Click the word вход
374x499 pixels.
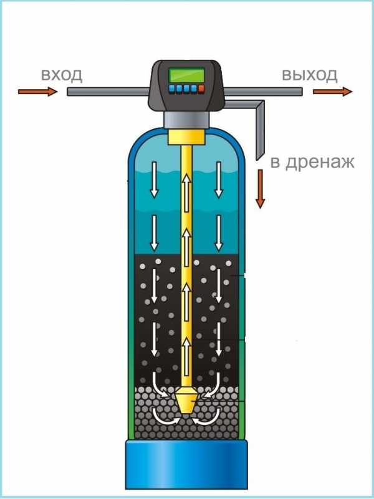coord(62,75)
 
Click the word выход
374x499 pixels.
coord(310,75)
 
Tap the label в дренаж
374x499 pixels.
coord(312,162)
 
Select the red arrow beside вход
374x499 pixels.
coord(38,92)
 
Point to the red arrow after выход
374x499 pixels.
coord(333,92)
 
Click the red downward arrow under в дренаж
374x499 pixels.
coord(260,189)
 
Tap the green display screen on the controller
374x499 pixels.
coord(186,75)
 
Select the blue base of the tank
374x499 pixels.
coord(186,464)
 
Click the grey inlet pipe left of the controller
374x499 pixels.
coord(108,92)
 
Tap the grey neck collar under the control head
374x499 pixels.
coord(187,120)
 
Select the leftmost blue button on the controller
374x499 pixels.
coord(172,89)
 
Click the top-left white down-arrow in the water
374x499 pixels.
coord(154,180)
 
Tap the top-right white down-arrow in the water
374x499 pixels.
coord(219,180)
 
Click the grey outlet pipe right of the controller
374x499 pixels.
coord(264,92)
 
